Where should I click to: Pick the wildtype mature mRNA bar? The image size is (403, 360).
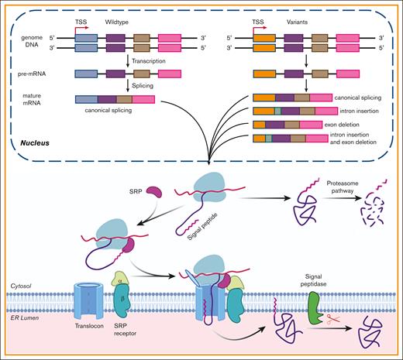pyautogui.click(x=115, y=98)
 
